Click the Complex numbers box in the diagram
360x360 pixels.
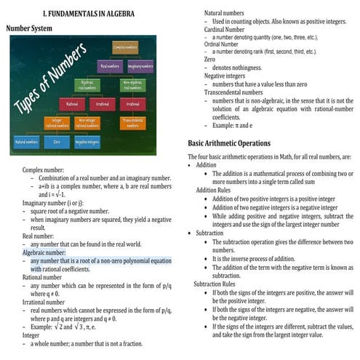click(124, 47)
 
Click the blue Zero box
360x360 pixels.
click(57, 143)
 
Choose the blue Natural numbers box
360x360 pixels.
click(26, 143)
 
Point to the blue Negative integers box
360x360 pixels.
click(87, 143)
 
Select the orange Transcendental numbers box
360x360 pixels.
click(133, 123)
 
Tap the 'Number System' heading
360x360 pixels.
click(29, 29)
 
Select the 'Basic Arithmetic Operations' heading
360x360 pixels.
click(229, 143)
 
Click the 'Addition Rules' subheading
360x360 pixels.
click(216, 190)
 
